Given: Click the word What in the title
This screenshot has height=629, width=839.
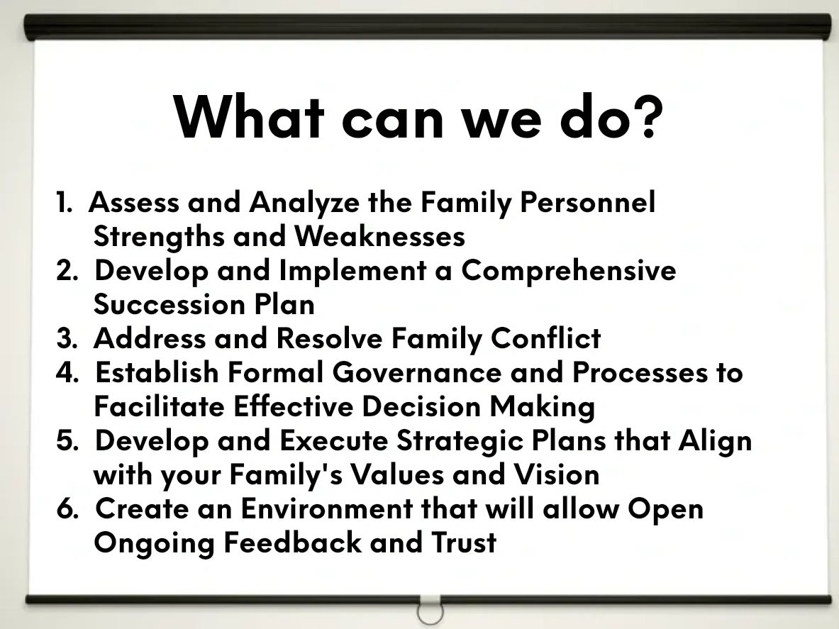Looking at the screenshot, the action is [250, 117].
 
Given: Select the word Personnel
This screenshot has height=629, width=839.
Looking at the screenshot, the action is [587, 202].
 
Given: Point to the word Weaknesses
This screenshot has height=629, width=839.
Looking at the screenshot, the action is [380, 236].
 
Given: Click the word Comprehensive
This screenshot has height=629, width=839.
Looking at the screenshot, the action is [568, 272].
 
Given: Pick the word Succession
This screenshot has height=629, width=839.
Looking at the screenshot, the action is [169, 305].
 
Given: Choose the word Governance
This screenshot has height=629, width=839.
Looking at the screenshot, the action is [417, 372].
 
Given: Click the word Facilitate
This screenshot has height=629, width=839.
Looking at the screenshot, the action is [160, 406].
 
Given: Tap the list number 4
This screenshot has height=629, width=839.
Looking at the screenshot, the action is [66, 372].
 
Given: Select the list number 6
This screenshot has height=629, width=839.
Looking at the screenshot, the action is [66, 508].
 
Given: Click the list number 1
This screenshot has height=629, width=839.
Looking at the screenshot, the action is [62, 203].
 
